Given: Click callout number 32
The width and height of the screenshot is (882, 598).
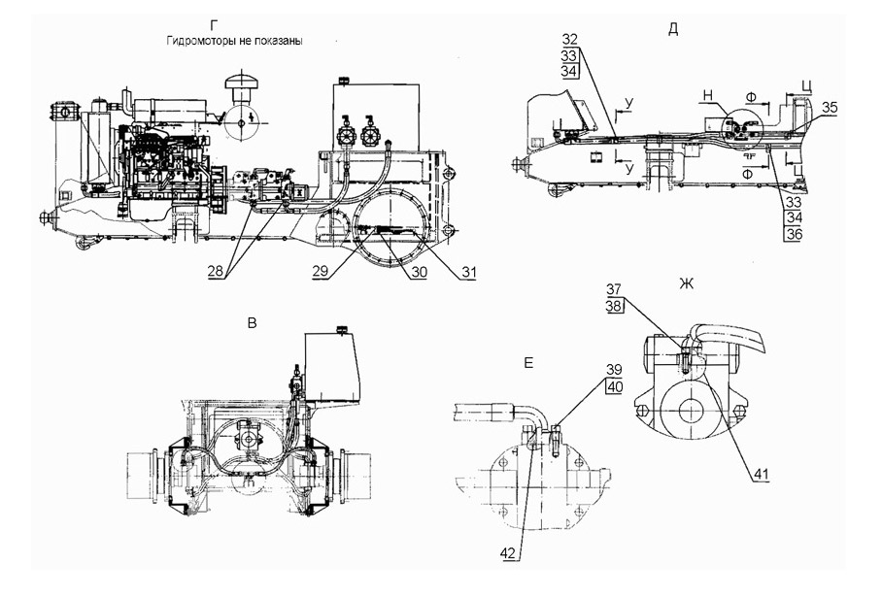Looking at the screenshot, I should [x=570, y=39].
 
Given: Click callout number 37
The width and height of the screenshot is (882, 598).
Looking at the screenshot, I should [x=615, y=289].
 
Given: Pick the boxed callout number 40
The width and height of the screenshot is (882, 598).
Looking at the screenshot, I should [x=614, y=386].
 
